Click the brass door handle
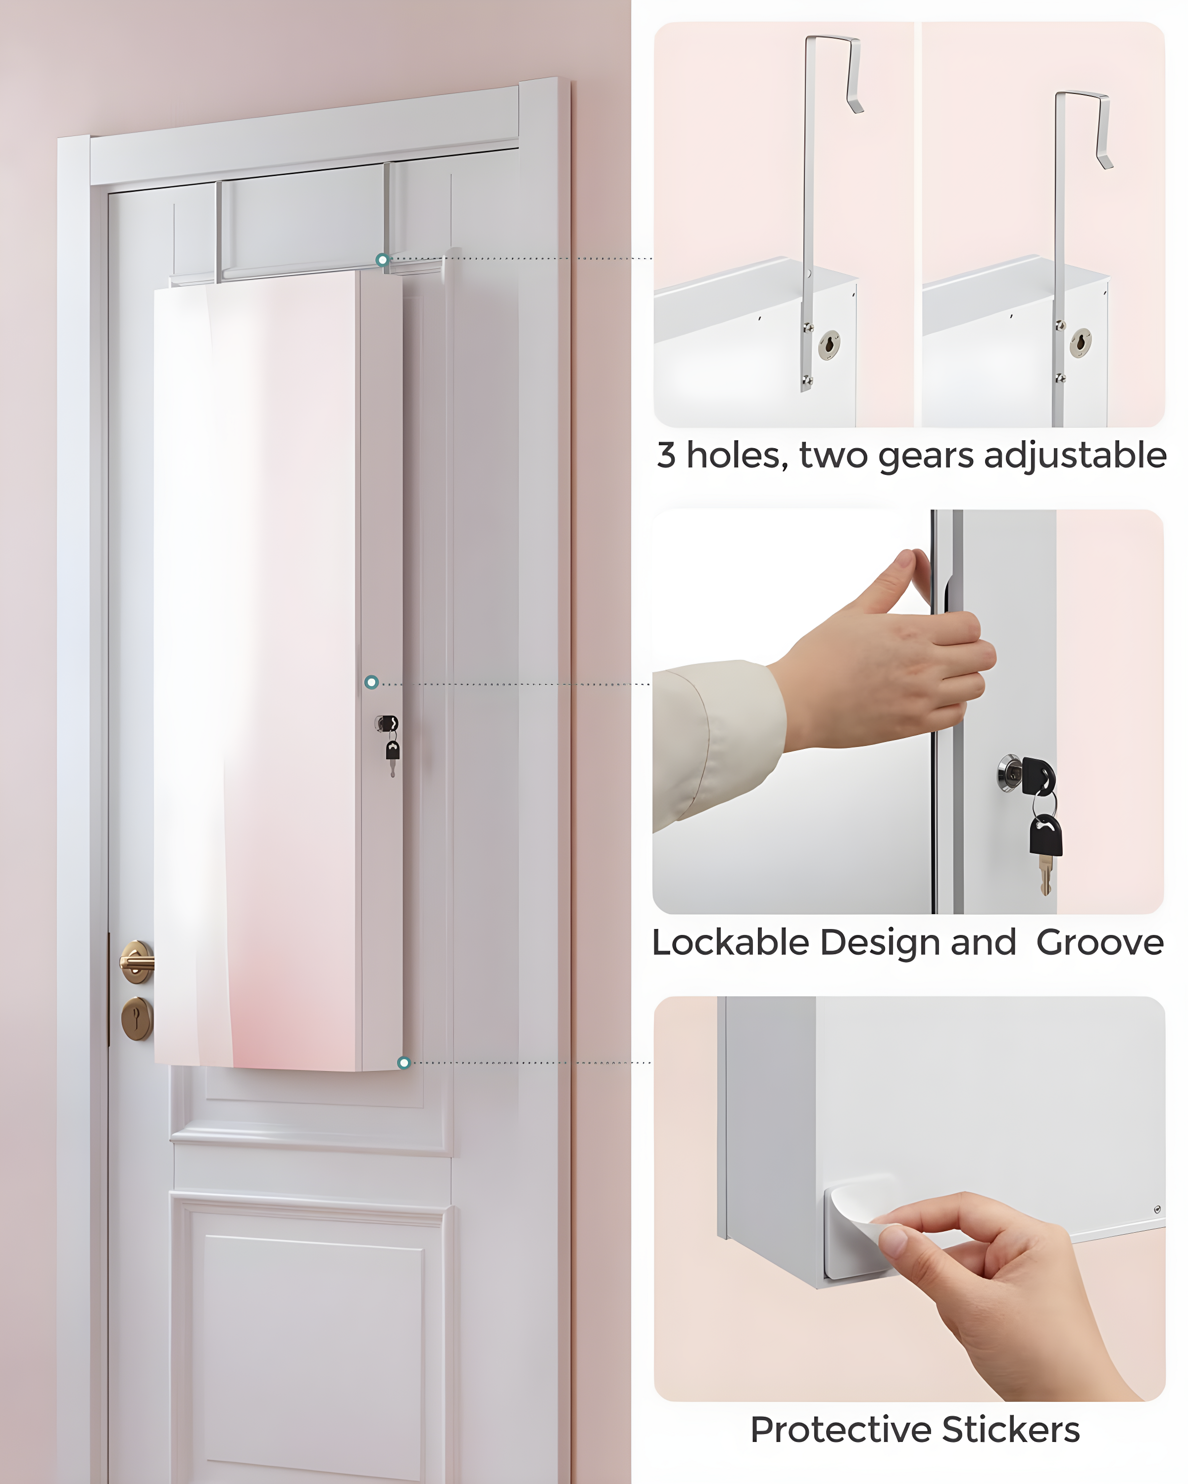click(136, 962)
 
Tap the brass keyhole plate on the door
click(136, 1018)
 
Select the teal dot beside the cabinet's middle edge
click(371, 682)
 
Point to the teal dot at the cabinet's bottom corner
click(404, 1063)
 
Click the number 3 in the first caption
click(666, 456)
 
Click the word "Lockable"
click(730, 942)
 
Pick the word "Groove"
click(1100, 942)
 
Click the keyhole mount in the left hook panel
click(829, 345)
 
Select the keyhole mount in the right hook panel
click(1080, 343)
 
